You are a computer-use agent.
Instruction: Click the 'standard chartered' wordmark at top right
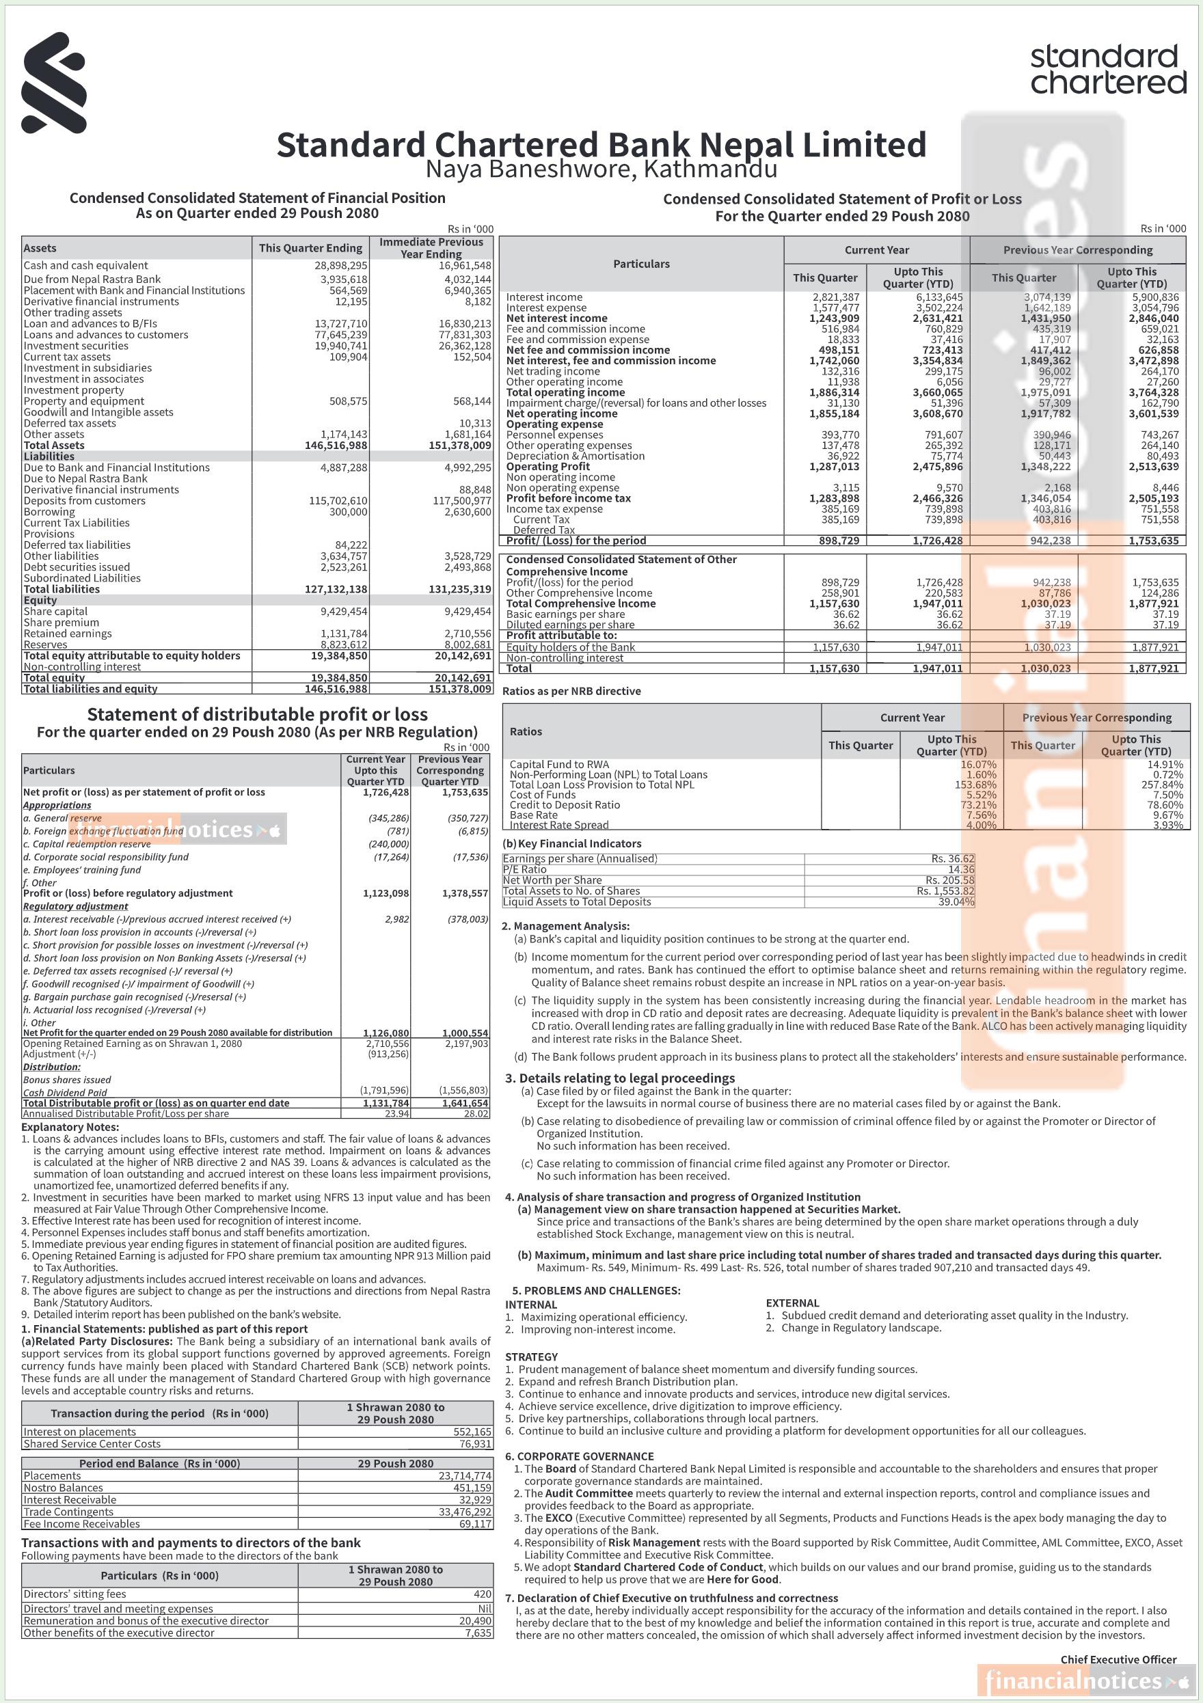click(x=1107, y=69)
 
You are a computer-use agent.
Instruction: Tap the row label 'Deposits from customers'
click(x=85, y=501)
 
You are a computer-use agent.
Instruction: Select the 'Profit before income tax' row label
click(x=568, y=498)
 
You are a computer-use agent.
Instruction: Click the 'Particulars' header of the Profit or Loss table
click(x=641, y=264)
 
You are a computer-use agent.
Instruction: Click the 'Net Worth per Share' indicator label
click(x=552, y=880)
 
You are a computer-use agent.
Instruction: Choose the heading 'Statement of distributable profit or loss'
click(x=258, y=714)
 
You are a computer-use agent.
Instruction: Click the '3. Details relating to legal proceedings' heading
click(x=620, y=1078)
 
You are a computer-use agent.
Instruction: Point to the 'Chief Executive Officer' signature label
click(x=1118, y=1659)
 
